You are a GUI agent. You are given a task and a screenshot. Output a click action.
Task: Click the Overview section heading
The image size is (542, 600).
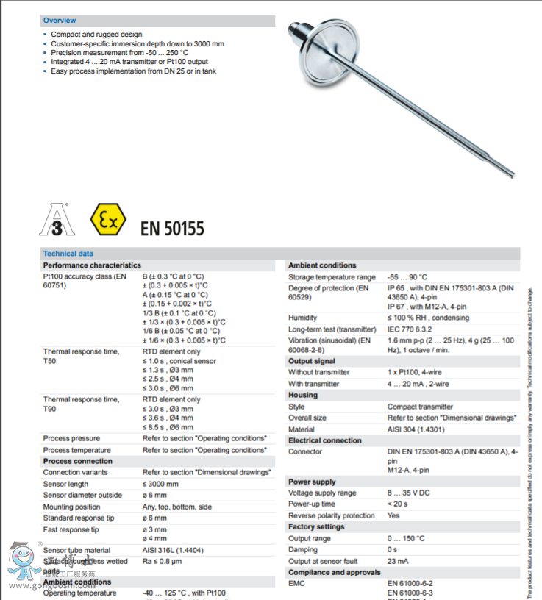(x=60, y=21)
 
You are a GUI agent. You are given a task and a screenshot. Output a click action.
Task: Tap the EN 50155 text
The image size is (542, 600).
(x=172, y=228)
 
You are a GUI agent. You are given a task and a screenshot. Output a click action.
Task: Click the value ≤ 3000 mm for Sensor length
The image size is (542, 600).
(x=160, y=484)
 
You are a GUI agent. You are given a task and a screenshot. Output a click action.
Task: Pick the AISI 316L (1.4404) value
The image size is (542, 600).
(x=174, y=550)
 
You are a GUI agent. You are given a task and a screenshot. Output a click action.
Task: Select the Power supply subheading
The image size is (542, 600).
(x=312, y=482)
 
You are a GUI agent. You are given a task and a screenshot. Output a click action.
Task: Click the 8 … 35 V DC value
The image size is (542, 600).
(x=409, y=493)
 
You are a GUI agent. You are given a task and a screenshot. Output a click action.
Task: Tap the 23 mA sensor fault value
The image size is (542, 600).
(x=397, y=561)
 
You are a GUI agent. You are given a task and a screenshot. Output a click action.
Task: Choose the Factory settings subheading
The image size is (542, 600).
(x=316, y=527)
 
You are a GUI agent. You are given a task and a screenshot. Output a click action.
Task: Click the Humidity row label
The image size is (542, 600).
(x=302, y=318)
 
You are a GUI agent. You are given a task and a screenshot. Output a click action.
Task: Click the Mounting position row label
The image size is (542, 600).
(x=72, y=507)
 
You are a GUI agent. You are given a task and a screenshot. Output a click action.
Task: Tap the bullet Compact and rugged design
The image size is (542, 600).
(x=96, y=35)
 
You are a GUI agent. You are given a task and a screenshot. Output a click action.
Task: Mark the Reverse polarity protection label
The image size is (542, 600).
(x=332, y=516)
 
